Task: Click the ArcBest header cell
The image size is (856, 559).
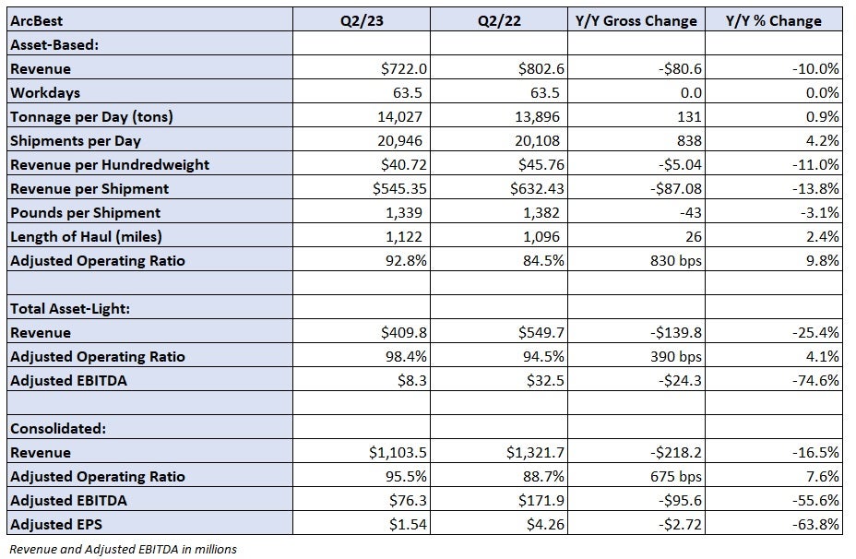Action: tap(36, 20)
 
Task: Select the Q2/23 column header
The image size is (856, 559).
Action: tap(362, 20)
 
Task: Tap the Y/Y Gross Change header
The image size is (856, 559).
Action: tap(636, 20)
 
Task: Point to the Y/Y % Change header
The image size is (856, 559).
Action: tap(773, 20)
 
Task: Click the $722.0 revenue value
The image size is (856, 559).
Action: tap(404, 69)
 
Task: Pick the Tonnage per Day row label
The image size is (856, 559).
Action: tap(91, 117)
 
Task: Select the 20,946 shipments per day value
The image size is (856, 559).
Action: tap(399, 141)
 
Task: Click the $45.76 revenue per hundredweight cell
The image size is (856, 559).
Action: tap(541, 165)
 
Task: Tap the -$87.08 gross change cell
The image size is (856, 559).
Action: tap(676, 189)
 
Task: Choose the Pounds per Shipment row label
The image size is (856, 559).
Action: tap(85, 213)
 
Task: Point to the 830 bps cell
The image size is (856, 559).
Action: tap(676, 261)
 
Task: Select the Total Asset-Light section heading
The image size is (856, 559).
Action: tap(70, 309)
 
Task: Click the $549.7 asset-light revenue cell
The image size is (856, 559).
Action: tap(541, 333)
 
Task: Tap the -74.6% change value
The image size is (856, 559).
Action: tap(815, 380)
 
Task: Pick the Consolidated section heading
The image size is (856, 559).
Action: tap(58, 429)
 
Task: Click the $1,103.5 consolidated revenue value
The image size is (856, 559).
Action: tap(398, 453)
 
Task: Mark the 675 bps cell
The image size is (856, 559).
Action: tap(676, 477)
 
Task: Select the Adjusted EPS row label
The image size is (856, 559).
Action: tap(55, 525)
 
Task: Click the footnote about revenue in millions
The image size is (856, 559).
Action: tap(124, 549)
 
